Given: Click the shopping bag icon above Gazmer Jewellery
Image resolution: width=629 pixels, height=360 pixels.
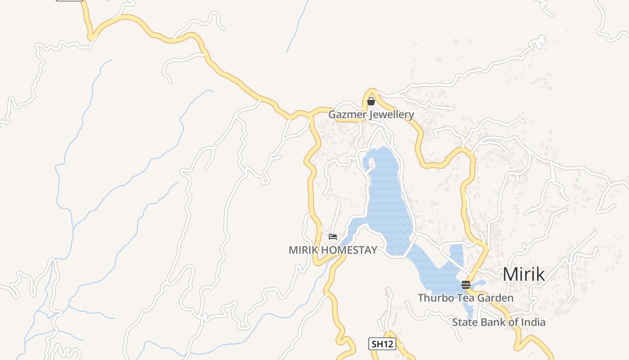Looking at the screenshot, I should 371,102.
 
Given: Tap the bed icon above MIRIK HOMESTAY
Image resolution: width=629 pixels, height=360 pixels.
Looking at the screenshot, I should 333,237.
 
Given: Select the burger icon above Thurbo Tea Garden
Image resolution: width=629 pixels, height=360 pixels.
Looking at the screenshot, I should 466,284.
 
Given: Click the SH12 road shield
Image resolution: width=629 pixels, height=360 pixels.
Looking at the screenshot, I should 382,344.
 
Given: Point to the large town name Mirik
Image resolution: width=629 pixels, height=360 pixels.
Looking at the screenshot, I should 523,274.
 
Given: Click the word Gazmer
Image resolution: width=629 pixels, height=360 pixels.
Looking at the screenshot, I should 347,114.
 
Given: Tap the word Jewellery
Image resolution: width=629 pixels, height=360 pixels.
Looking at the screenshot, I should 391,114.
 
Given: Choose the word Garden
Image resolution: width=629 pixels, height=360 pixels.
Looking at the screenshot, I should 495,298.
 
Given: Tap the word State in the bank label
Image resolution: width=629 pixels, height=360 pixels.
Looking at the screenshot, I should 465,322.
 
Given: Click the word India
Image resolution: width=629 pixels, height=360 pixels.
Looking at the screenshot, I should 534,322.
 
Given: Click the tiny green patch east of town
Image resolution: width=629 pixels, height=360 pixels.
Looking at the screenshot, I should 576,180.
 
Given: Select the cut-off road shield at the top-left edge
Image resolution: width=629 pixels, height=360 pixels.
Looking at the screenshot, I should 70,0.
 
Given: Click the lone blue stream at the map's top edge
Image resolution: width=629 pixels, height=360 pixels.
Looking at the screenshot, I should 297,25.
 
